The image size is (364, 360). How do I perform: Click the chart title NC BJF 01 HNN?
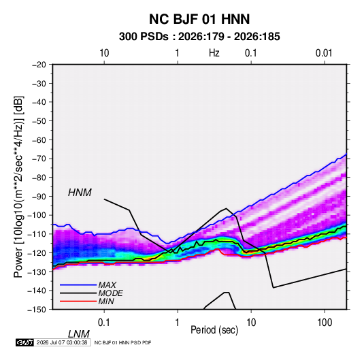pos(199,19)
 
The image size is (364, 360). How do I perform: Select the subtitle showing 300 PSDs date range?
pos(199,37)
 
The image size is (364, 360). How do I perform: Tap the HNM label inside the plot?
pos(80,193)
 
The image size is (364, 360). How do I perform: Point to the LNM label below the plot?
pos(78,334)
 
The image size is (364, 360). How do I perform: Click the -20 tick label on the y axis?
pos(39,65)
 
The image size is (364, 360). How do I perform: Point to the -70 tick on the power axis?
pos(39,159)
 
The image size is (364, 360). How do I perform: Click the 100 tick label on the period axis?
pos(325,323)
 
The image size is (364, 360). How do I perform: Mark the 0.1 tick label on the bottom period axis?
pos(104,323)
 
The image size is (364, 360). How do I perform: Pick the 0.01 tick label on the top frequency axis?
pos(324,53)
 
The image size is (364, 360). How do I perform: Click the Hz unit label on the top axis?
pos(214,53)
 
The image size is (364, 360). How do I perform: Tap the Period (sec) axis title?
pos(214,330)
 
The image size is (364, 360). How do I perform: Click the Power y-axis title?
pos(18,186)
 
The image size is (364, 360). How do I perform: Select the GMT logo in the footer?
pos(24,342)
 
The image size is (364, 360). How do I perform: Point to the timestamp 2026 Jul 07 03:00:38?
pos(62,342)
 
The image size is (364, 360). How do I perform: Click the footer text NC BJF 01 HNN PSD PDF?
pos(122,342)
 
